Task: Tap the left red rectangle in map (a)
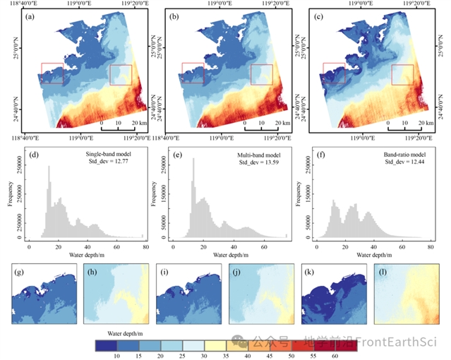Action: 52,73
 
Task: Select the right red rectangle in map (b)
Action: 262,74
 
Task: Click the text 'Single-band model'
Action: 99,153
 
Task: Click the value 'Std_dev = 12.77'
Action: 99,162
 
